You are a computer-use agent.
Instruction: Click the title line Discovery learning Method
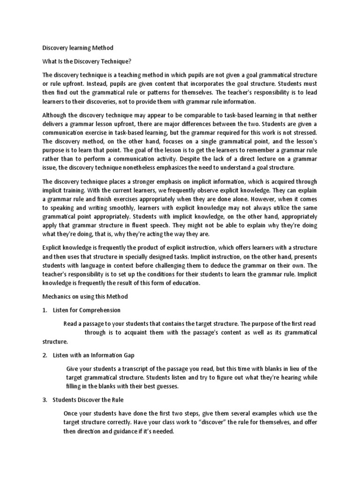[x=78, y=48]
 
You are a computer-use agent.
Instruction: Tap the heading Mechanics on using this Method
[x=85, y=297]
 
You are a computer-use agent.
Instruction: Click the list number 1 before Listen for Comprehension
[x=44, y=310]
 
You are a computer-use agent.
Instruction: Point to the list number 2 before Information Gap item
[x=44, y=355]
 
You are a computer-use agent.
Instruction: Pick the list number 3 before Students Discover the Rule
[x=44, y=400]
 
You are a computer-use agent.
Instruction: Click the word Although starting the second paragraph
[x=55, y=115]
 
